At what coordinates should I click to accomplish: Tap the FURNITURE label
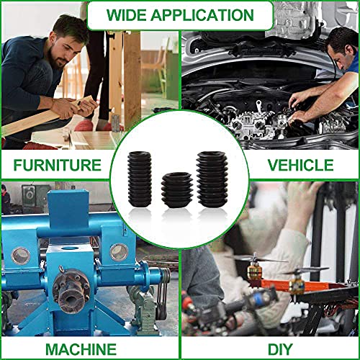[58, 165]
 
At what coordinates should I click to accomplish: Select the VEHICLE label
[300, 165]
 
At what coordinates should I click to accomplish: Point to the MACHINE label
[81, 349]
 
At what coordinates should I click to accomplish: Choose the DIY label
[280, 349]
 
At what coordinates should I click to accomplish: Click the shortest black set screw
[177, 190]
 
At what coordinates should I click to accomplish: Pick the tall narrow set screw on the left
[140, 179]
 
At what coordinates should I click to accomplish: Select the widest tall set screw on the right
[212, 179]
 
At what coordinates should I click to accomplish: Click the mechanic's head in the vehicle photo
[342, 49]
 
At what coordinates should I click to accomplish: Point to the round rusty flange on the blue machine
[71, 291]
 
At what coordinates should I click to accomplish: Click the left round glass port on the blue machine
[21, 256]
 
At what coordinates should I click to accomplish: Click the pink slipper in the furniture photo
[84, 125]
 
